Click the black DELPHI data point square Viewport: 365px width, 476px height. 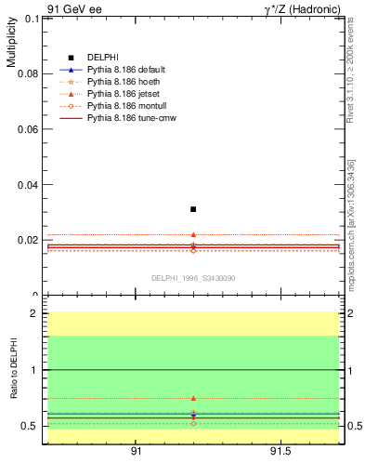(193, 209)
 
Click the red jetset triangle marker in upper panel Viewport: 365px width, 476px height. (193, 235)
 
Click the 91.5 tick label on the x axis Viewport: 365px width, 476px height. (280, 452)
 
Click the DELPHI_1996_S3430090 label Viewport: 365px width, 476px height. (193, 278)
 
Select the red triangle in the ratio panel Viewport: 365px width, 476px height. (193, 398)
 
